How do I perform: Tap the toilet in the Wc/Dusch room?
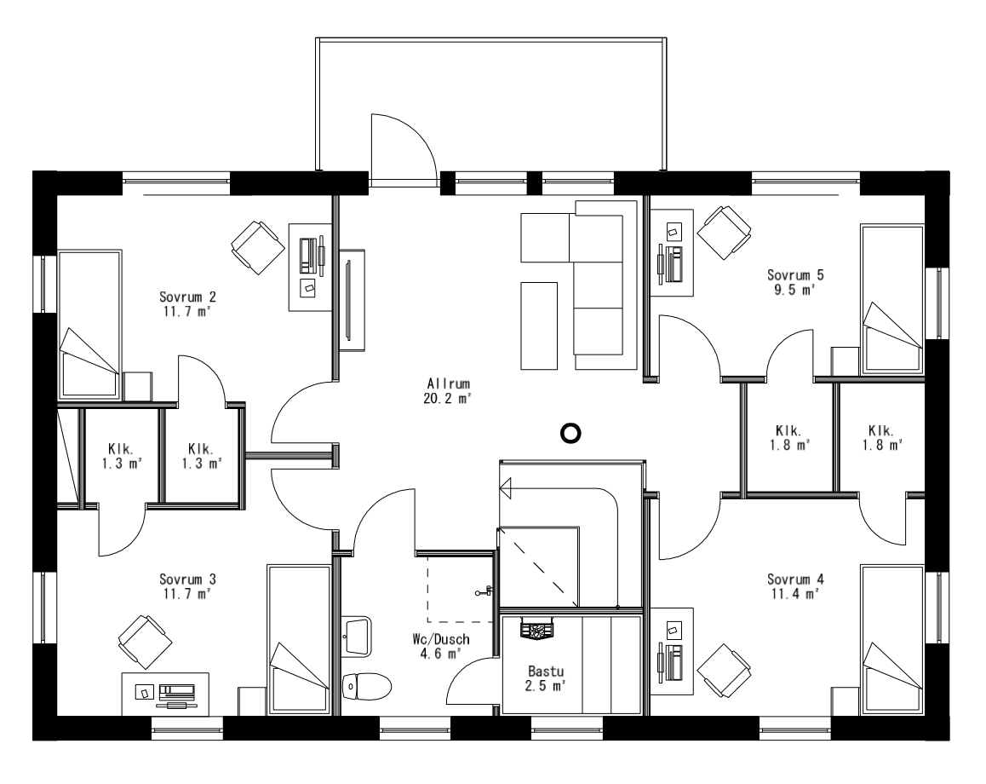[367, 685]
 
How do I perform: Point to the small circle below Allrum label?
[570, 435]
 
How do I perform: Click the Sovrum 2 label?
[187, 297]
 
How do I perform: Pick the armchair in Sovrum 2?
[257, 243]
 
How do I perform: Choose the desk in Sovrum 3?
[165, 692]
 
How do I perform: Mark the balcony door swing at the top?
[404, 149]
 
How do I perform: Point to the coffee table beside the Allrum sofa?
[538, 325]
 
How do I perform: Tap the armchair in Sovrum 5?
[724, 229]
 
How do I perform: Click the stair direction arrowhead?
[506, 488]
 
